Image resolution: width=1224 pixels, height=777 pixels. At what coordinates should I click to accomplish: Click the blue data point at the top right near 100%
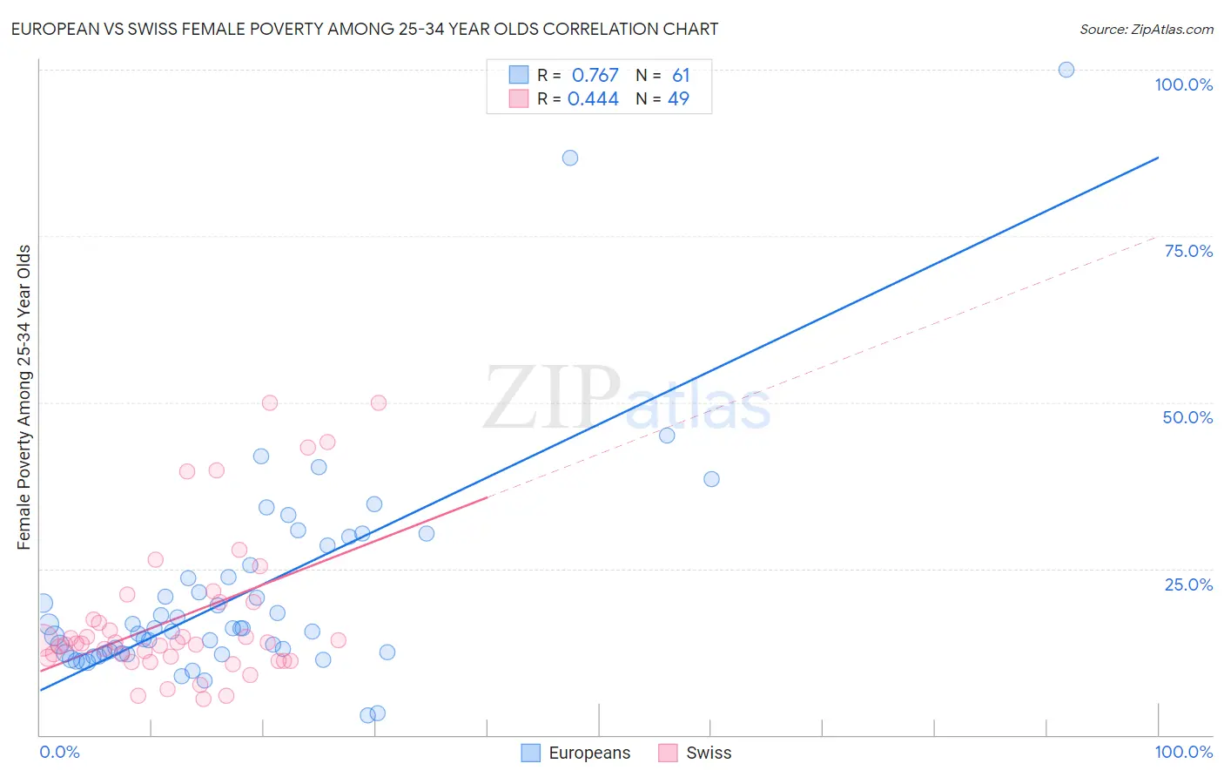(1066, 70)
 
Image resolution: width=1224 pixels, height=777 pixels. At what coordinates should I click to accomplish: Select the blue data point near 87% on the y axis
(570, 158)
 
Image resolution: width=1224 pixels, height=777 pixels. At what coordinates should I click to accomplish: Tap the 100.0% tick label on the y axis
(1183, 84)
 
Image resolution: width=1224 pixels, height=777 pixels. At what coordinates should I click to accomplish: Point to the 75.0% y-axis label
(1188, 251)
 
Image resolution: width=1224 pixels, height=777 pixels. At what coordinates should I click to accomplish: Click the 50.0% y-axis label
(1187, 417)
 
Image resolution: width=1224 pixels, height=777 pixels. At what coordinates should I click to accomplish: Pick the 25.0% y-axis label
(1188, 584)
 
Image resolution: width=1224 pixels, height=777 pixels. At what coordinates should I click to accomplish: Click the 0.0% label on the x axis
(59, 752)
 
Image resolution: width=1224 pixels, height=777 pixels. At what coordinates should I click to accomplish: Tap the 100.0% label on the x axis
(1183, 752)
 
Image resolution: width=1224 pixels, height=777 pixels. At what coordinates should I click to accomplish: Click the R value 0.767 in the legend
(595, 76)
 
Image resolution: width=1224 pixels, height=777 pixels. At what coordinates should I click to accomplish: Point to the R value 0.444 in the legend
(593, 99)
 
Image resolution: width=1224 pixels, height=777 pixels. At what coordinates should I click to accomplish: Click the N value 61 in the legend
(681, 76)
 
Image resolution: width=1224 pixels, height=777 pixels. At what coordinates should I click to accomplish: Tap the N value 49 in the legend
(678, 99)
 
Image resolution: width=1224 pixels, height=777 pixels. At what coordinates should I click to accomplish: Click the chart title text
(364, 29)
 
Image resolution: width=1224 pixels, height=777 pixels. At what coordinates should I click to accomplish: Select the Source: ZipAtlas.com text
(1146, 29)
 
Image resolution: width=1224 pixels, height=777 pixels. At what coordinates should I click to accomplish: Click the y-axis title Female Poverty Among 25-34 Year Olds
(24, 397)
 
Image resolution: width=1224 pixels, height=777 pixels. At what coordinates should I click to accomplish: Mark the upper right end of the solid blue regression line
(1158, 158)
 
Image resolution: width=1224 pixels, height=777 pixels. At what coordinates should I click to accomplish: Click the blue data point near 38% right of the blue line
(711, 479)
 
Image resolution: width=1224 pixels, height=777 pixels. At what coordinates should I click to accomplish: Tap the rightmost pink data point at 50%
(379, 402)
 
